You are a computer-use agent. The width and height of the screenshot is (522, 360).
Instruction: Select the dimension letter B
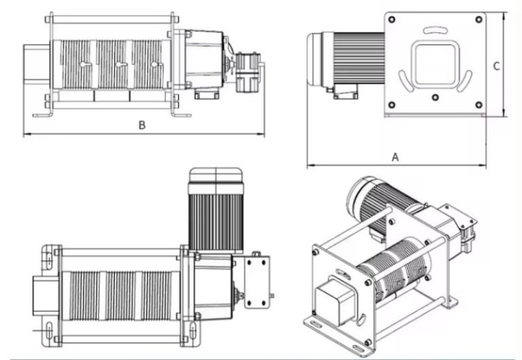pyautogui.click(x=141, y=125)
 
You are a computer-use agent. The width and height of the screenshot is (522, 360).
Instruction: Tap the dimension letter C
pyautogui.click(x=496, y=66)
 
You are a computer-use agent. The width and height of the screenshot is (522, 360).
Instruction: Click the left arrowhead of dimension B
pyautogui.click(x=26, y=134)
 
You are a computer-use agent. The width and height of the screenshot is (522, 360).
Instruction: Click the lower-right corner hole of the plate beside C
pyautogui.click(x=478, y=104)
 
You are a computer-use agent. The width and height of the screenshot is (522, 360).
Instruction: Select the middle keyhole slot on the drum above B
pyautogui.click(x=120, y=65)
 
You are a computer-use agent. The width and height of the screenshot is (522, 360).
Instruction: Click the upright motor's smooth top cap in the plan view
pyautogui.click(x=215, y=176)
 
